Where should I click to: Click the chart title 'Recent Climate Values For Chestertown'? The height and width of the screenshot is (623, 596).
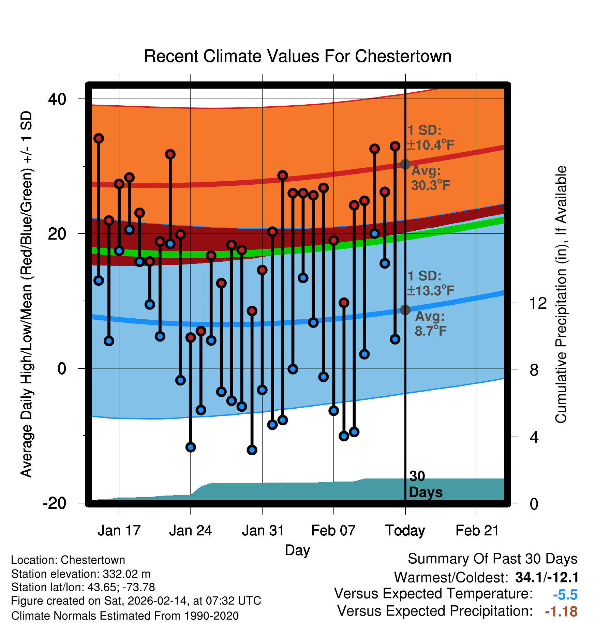pos(298,56)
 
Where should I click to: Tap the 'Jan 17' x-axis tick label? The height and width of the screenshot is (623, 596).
pos(119,531)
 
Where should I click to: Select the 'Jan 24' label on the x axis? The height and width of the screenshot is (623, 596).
pos(191,531)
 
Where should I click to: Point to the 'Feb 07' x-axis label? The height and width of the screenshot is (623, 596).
pos(333,531)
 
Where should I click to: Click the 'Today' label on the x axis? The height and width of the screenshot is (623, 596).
pos(405,531)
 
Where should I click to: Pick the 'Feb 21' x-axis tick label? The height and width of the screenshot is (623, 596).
pos(477,531)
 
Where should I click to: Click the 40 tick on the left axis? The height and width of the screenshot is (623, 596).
pos(57,99)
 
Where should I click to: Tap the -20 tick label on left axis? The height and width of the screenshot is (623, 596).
pos(55,503)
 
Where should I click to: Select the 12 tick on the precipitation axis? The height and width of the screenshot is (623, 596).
pos(538,303)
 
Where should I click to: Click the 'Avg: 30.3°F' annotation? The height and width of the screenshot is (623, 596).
pos(430,178)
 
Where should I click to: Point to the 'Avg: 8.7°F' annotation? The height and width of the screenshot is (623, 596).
pos(430,324)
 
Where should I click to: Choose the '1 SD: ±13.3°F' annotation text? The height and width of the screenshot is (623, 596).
pos(430,283)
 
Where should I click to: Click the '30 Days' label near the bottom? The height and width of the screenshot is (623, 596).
pos(425,484)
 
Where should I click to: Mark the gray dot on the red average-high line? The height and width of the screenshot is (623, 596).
pos(405,164)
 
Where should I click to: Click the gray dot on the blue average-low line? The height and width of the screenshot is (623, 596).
pos(405,310)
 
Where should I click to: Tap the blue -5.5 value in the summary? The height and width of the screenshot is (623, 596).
pos(565,595)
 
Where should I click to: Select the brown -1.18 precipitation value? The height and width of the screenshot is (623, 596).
pos(561,612)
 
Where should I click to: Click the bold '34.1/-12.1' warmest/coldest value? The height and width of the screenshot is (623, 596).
pos(547,577)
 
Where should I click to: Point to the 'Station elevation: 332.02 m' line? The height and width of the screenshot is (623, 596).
pos(81,574)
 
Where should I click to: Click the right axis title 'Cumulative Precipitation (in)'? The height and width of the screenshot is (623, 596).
pos(561,294)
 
